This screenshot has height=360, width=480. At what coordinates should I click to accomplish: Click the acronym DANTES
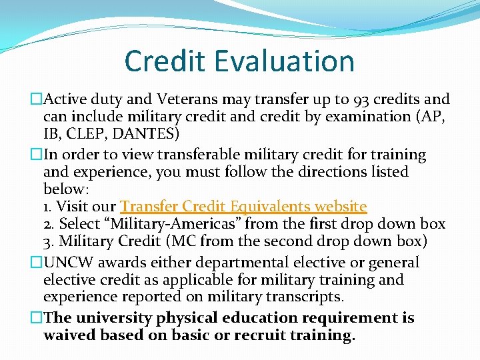point(145,134)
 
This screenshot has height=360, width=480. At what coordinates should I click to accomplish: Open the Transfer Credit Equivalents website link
point(243,206)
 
